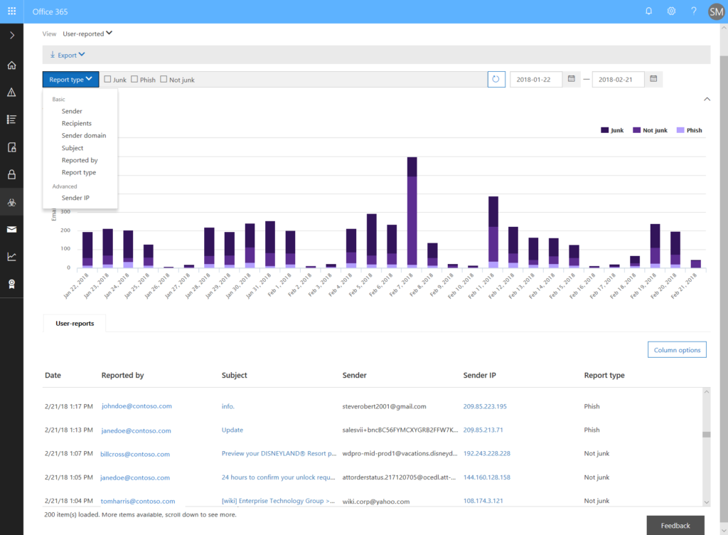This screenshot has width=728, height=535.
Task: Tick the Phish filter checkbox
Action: tap(134, 80)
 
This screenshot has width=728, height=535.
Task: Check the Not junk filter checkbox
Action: tap(164, 80)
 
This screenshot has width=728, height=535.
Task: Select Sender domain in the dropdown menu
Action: tap(84, 136)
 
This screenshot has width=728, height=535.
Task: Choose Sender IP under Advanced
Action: tap(75, 198)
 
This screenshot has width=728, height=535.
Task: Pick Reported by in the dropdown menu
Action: tap(80, 160)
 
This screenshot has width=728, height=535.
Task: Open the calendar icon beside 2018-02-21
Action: tap(653, 79)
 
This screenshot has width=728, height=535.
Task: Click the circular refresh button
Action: tap(496, 80)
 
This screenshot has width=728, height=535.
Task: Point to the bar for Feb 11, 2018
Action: tap(493, 232)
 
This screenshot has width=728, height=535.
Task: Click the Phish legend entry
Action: tap(689, 130)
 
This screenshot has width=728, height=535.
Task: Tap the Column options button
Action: tap(677, 350)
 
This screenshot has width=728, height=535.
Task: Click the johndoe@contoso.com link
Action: tap(136, 406)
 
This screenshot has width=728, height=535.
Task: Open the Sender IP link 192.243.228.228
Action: tap(487, 453)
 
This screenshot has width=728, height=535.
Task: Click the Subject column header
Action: tap(235, 375)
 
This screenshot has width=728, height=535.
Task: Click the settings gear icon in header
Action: tap(671, 11)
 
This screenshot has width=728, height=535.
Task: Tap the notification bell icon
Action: tap(648, 11)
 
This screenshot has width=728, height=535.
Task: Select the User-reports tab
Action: tap(74, 323)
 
